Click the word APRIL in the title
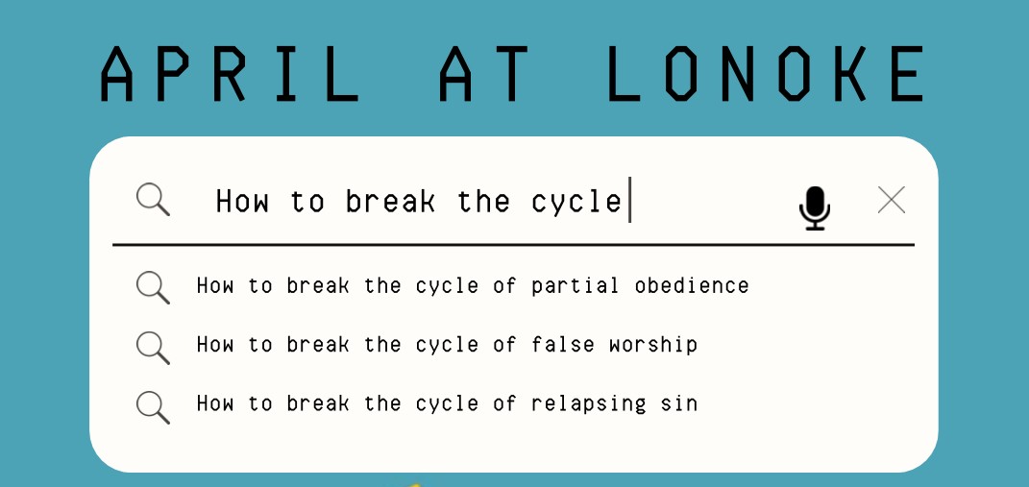click(231, 74)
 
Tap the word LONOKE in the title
click(767, 74)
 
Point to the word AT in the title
click(486, 74)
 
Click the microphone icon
click(815, 207)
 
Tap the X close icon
click(892, 200)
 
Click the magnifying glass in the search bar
click(153, 200)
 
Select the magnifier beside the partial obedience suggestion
click(153, 287)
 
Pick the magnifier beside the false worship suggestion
click(153, 347)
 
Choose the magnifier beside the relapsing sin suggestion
click(153, 405)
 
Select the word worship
click(652, 345)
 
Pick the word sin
click(679, 403)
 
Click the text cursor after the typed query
click(629, 200)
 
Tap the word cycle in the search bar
click(576, 202)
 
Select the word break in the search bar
click(390, 202)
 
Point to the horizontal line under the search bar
click(513, 245)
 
